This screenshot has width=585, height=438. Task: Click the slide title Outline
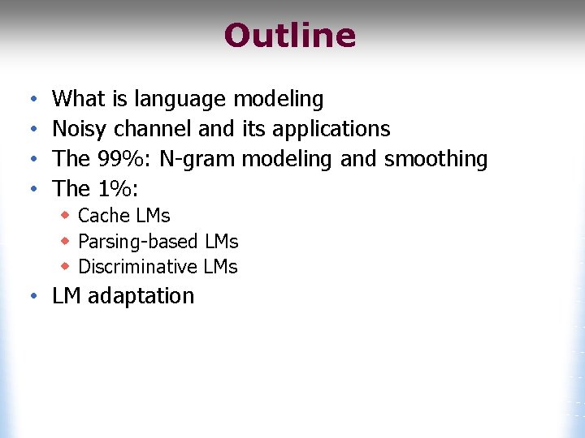[290, 36]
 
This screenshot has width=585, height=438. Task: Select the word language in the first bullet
[180, 100]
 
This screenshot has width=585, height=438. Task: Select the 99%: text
[124, 159]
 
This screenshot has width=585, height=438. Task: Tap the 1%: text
[119, 189]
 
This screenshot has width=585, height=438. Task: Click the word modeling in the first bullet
[278, 100]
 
